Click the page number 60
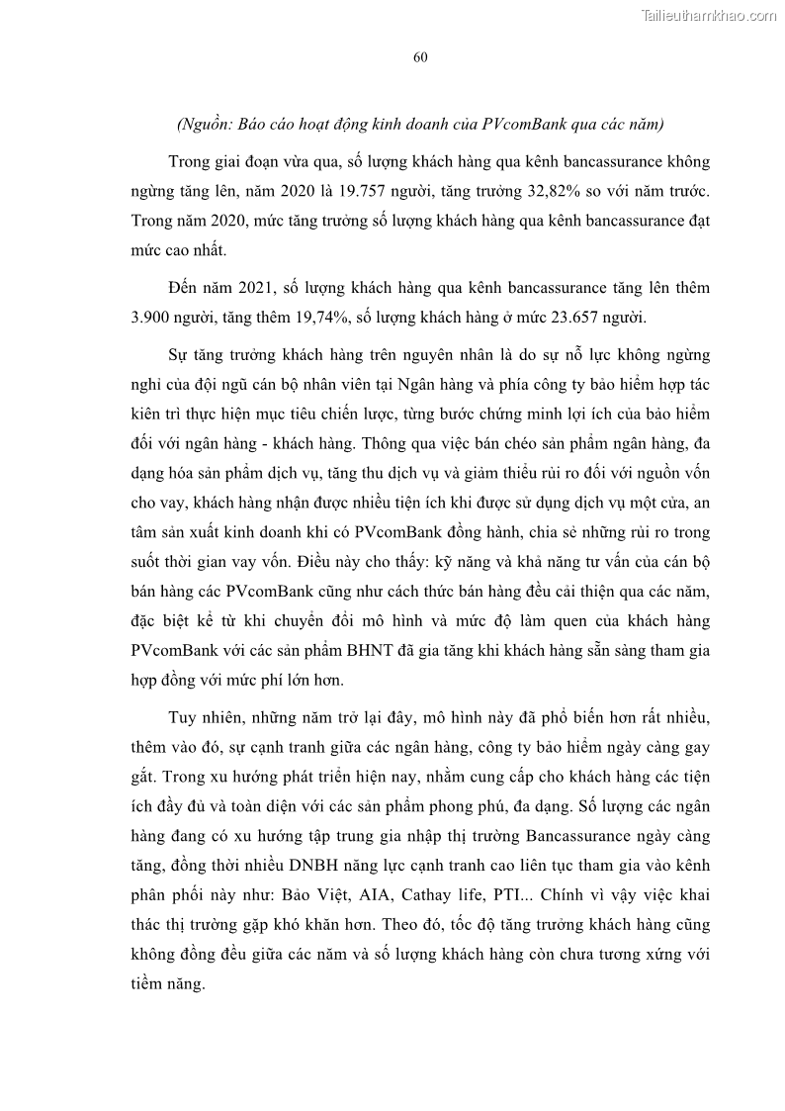(x=419, y=57)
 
